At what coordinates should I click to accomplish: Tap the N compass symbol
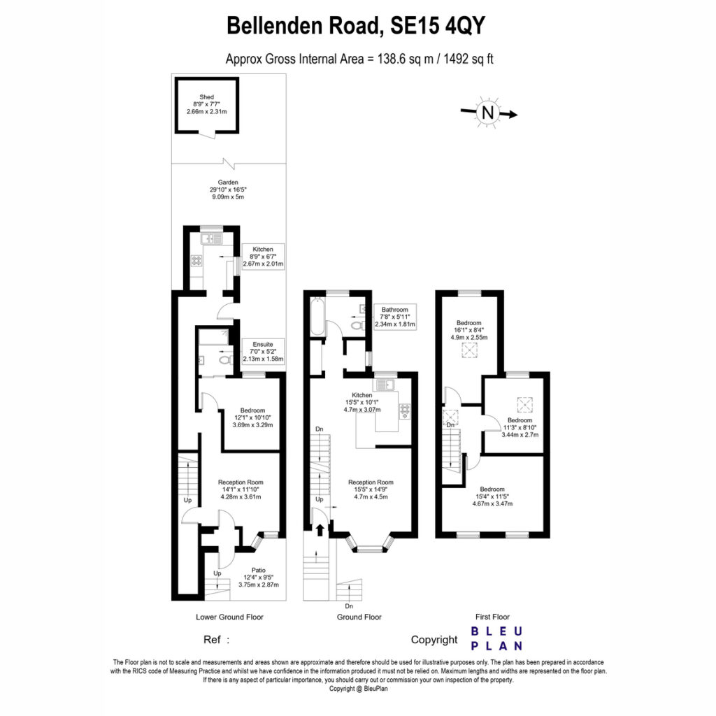click(487, 113)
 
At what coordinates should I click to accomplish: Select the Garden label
click(227, 189)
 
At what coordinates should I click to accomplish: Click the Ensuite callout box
click(263, 351)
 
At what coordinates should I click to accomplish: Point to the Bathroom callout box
click(395, 317)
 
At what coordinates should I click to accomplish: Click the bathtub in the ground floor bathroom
click(316, 316)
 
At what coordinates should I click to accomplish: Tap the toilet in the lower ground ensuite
click(225, 360)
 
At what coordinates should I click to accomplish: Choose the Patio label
click(259, 577)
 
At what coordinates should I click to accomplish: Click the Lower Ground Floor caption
click(229, 617)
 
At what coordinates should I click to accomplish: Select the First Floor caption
click(492, 617)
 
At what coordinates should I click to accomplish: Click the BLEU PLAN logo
click(496, 638)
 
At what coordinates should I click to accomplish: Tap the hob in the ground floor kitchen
click(405, 411)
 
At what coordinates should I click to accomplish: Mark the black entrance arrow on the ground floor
click(320, 530)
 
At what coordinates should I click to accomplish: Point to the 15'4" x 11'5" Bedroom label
click(492, 496)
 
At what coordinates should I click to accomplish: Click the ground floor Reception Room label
click(371, 489)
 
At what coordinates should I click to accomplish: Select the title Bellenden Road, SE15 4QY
click(356, 26)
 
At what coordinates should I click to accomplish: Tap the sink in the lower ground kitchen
click(211, 238)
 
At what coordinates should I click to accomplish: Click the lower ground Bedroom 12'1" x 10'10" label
click(252, 417)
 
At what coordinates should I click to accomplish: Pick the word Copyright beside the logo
click(434, 640)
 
